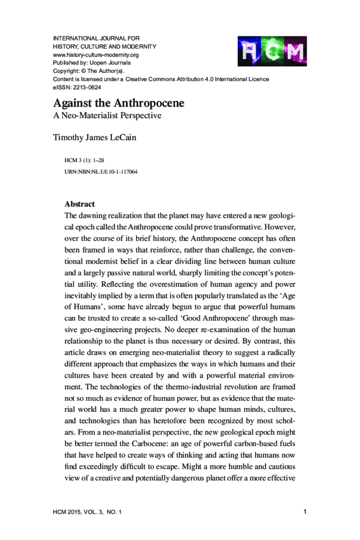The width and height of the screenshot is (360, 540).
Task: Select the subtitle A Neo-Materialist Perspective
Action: click(x=107, y=115)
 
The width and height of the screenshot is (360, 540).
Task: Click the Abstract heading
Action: click(x=80, y=204)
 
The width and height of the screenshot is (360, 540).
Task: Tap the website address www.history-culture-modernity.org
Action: click(x=96, y=55)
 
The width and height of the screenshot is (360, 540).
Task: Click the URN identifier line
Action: click(x=101, y=172)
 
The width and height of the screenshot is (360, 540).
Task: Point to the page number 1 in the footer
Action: click(x=306, y=511)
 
